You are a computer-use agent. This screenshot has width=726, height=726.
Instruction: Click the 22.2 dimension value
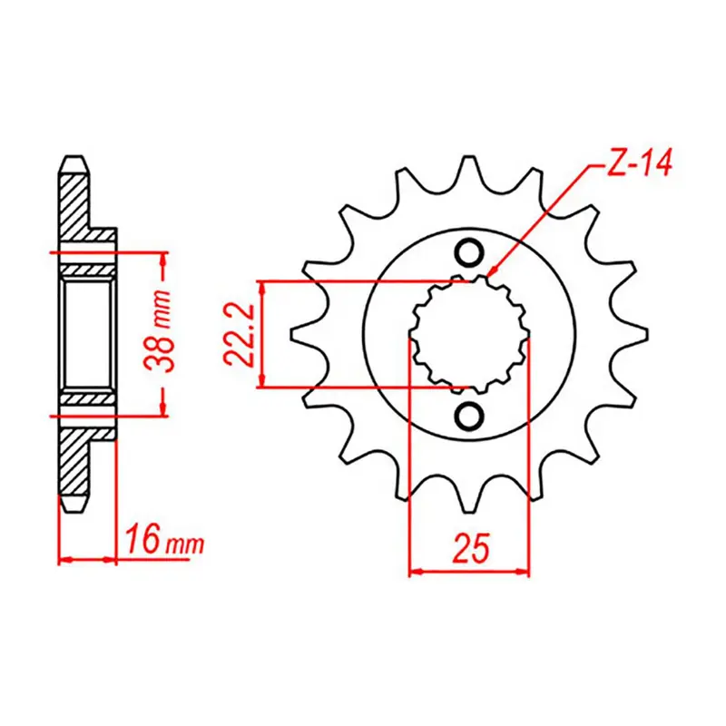tap(238, 335)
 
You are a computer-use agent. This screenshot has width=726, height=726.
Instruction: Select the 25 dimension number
tap(469, 547)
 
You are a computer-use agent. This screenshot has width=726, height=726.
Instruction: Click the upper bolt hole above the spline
tap(469, 252)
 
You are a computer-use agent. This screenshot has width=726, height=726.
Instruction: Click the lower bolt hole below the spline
tap(469, 416)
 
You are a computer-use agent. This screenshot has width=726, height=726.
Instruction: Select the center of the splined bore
tap(469, 335)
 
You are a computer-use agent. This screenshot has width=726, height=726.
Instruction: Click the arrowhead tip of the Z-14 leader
tap(489, 273)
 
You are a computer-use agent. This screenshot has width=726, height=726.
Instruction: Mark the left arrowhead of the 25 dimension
tap(414, 572)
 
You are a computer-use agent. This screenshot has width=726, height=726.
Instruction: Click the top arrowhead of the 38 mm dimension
tap(162, 255)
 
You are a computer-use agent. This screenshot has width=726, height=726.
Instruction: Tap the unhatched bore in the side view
tap(87, 334)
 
